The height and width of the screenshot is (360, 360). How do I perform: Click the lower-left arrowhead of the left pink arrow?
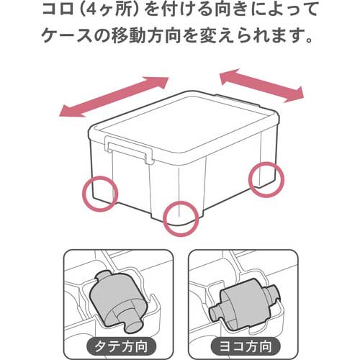(65, 110)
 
